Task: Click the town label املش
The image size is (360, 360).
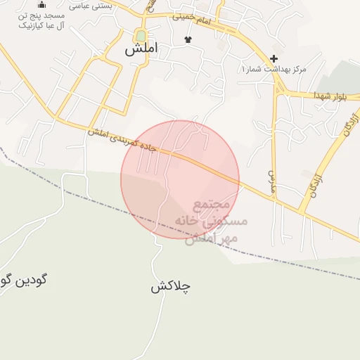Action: pos(141,49)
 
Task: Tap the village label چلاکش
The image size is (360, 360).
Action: pos(171,287)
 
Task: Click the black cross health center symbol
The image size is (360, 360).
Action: pos(274,58)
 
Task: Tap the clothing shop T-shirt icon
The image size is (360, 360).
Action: pos(188,40)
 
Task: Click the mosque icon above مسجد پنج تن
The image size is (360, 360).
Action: pos(41,4)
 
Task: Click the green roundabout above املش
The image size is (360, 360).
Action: pos(141,36)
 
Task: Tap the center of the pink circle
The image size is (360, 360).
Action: pos(180,179)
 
